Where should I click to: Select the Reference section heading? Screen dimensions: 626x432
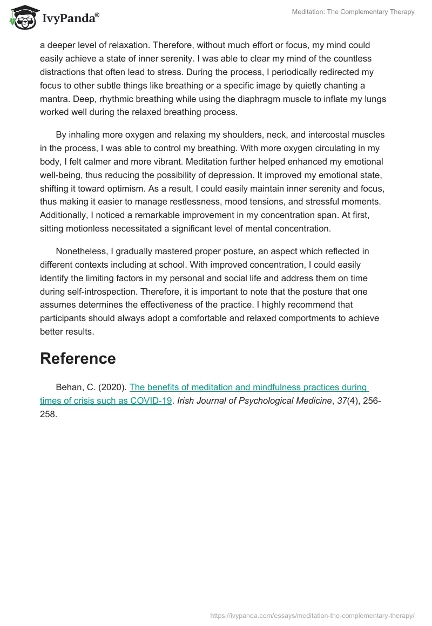tap(78, 358)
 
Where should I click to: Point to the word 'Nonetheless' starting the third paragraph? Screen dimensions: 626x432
tap(82, 251)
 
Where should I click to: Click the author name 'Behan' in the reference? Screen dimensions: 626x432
tap(68, 387)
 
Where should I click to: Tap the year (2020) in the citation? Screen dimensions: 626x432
tap(114, 387)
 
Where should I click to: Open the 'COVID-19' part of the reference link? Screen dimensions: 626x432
tap(151, 400)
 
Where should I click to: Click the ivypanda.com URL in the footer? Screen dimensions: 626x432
tap(312, 615)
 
